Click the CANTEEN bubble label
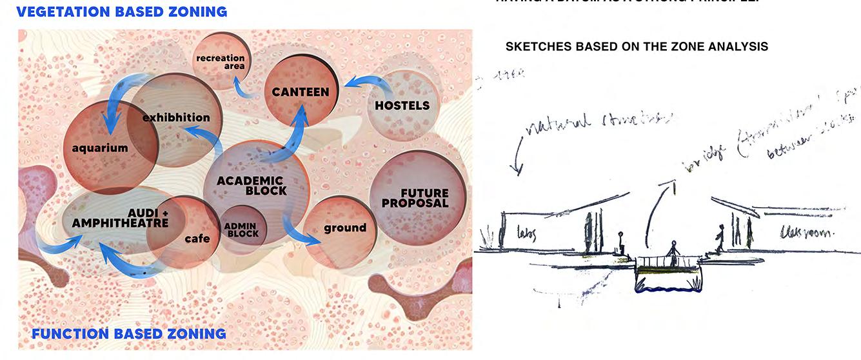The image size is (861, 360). point(300,92)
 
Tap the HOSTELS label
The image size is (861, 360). point(402,105)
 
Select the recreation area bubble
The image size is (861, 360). point(221,62)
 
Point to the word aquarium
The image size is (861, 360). point(100,148)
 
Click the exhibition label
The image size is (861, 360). point(176,118)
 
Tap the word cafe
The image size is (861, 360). point(197,239)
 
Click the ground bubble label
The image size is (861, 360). point(344,228)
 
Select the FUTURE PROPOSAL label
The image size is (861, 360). point(415,198)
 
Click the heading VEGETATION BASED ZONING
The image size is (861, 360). point(122,12)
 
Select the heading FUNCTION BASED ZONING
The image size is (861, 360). point(129,334)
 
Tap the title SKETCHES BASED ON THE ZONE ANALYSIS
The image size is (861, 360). point(637,46)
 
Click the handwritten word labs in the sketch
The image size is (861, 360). point(527,233)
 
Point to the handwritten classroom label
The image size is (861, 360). point(806,231)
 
